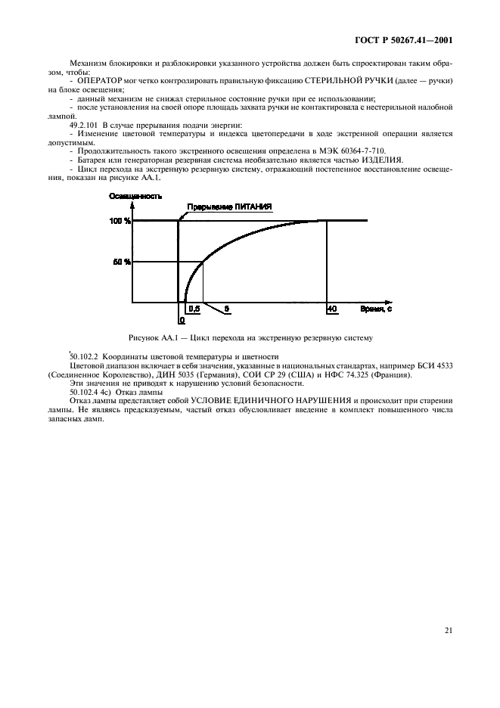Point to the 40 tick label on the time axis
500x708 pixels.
[x=331, y=309]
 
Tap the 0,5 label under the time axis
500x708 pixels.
[x=194, y=309]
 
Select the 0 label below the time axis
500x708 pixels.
[x=182, y=320]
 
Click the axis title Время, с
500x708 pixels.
[x=376, y=309]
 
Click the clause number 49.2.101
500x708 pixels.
[x=85, y=124]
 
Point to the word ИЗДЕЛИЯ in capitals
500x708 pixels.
[x=383, y=160]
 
